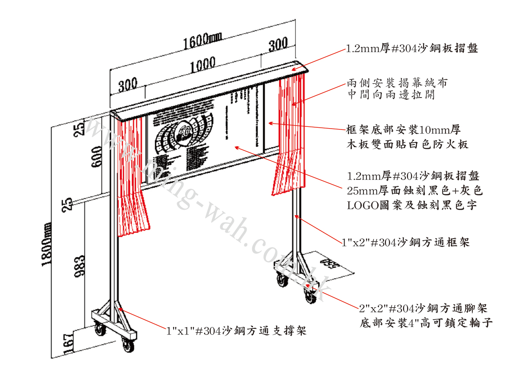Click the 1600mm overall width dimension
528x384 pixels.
[202, 41]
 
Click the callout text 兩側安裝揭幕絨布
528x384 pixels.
[397, 83]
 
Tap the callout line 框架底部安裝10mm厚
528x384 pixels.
[404, 129]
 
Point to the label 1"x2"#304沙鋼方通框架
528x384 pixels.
[405, 243]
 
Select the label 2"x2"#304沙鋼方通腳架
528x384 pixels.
[423, 308]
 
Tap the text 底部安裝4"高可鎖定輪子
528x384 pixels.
[426, 323]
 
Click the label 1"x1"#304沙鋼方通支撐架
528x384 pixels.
[237, 331]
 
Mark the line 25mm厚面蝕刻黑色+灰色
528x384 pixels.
[415, 191]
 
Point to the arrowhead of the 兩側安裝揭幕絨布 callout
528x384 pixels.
[294, 104]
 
